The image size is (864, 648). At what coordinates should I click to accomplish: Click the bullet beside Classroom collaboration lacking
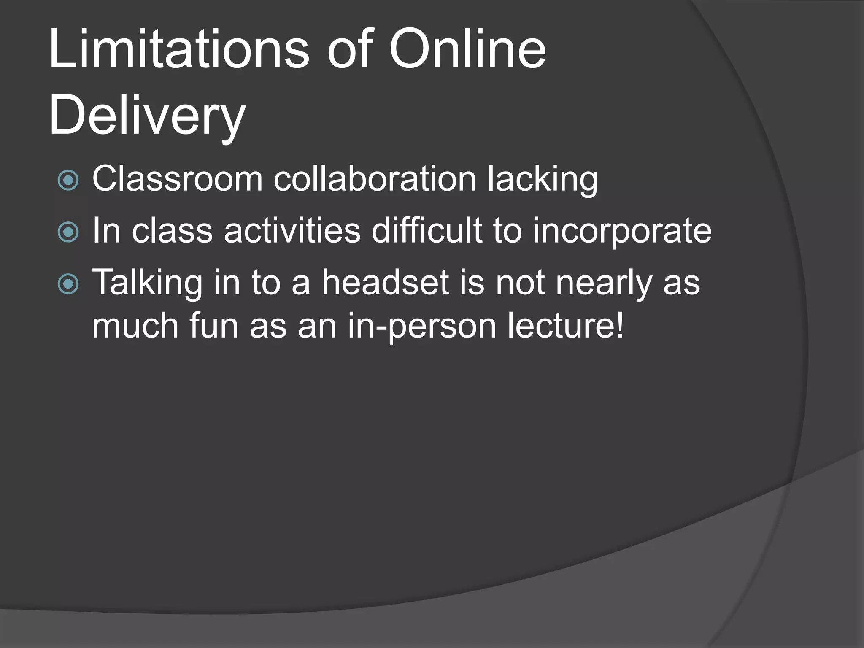[x=68, y=180]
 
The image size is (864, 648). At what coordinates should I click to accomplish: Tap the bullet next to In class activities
[x=68, y=232]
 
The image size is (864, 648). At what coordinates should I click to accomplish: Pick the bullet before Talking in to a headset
[x=68, y=283]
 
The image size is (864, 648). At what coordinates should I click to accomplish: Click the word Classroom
[x=177, y=179]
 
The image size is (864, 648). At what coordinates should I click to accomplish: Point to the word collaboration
[x=375, y=179]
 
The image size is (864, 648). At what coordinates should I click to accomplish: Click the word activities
[x=292, y=231]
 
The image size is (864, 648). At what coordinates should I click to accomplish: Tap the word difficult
[x=427, y=231]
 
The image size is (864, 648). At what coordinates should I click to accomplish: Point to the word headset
[x=385, y=283]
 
